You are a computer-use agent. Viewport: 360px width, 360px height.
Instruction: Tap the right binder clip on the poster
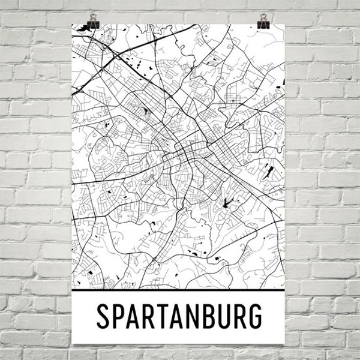coord(263,22)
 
